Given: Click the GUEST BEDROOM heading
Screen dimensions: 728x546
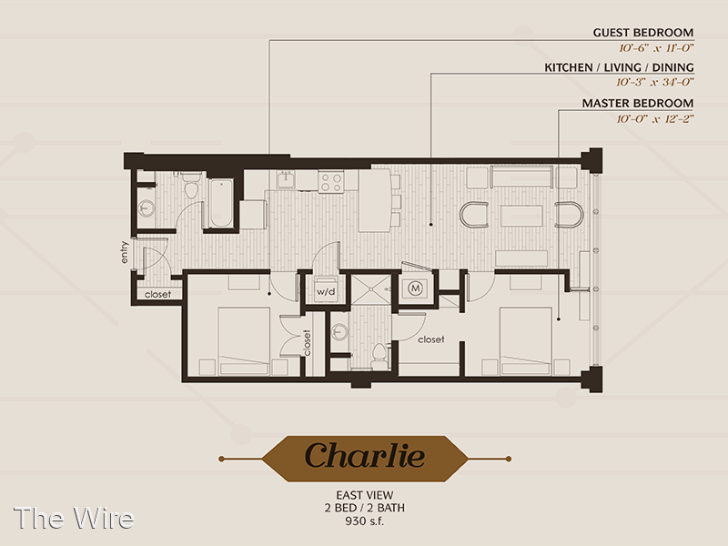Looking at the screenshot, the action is (643, 33).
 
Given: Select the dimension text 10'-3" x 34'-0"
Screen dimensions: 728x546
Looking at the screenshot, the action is (654, 82).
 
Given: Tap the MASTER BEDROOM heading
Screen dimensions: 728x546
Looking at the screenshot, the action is (638, 103).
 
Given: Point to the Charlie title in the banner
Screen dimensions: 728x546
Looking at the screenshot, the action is (365, 456).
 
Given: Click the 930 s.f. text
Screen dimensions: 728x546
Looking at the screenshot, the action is (365, 521).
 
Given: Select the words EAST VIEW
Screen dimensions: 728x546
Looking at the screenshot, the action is (365, 495).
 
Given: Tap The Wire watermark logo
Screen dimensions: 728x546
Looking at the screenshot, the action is (74, 518).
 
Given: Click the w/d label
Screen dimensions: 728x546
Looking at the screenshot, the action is (326, 292).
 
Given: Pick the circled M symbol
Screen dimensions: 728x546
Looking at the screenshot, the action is (416, 288).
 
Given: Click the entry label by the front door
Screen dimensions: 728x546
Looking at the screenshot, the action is (124, 252).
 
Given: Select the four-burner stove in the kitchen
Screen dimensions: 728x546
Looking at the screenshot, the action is (331, 181).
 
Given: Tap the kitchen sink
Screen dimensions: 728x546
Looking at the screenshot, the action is (286, 179).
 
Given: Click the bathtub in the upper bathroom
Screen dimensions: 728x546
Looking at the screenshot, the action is (221, 203).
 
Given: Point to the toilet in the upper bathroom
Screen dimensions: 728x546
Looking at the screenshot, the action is (191, 186).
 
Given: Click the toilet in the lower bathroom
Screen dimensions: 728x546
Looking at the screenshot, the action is (379, 356).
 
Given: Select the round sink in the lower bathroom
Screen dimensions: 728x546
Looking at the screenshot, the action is (340, 331).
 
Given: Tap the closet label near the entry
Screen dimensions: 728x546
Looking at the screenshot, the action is (157, 294).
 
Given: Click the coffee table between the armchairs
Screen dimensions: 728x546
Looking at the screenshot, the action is (521, 216).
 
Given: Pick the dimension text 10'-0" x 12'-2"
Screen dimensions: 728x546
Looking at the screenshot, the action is (654, 119).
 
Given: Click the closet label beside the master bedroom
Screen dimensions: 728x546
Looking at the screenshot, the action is (430, 339).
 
